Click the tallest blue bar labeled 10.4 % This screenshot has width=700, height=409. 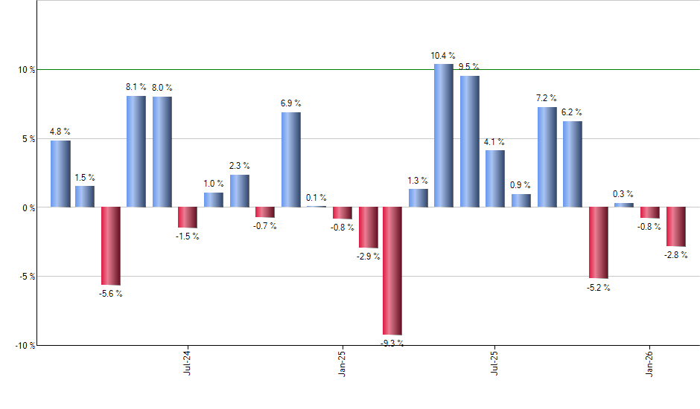pos(444,135)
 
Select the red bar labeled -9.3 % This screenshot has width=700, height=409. pos(392,271)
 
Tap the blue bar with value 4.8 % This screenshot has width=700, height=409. pos(60,174)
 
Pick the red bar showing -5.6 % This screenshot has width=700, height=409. pos(111,245)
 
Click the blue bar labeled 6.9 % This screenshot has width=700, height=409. pos(291,160)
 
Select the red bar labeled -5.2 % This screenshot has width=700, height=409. pos(599,242)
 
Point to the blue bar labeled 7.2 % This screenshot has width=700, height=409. pos(547,157)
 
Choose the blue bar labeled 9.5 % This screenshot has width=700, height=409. pos(470,141)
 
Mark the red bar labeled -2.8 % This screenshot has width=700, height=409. pos(675,226)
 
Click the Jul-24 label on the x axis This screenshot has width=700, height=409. pos(186,362)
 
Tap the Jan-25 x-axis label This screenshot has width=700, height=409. pos(342,362)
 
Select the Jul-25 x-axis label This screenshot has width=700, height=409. pos(495,362)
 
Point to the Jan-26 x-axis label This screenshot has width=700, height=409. pos(650,362)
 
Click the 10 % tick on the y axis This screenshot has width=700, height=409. pos(27,70)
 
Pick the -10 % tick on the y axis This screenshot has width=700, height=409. pos(25,346)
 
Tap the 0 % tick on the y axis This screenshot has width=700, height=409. pos(28,207)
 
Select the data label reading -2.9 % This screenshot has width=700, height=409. pos(368,257)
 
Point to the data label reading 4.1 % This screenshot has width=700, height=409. pos(494,141)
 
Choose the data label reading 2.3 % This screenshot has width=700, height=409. pos(239,166)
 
